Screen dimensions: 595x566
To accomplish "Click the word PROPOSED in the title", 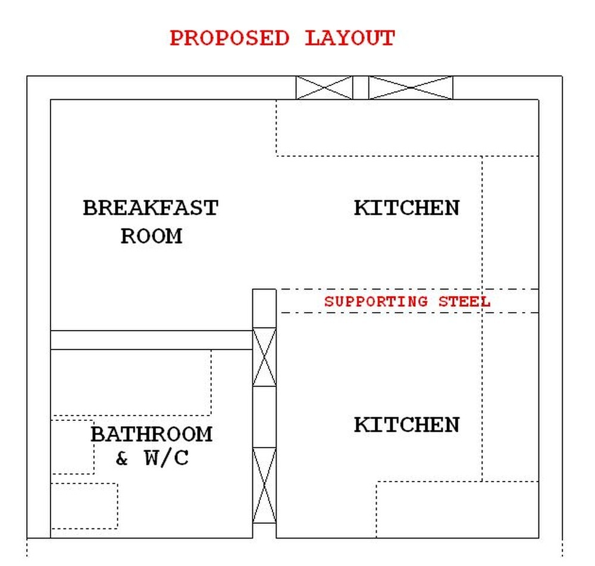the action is click(229, 38).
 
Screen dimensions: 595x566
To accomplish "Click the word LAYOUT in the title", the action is click(349, 38).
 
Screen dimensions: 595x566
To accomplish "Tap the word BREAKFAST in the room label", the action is click(151, 207).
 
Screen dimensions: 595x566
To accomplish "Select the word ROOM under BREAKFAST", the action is click(151, 236).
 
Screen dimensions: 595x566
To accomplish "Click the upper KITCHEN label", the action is click(406, 207).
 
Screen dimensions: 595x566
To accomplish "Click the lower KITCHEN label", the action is click(406, 424).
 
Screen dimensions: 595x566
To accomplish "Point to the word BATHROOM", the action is click(151, 434).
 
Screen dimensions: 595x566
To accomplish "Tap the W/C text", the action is click(166, 458).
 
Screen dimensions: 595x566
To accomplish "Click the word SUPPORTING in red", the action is click(376, 302).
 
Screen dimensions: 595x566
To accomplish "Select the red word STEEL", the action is click(465, 302).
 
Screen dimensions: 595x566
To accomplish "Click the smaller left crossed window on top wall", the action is click(324, 87).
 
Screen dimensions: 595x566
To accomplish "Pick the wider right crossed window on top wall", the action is click(411, 87).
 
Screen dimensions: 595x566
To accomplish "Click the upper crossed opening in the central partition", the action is click(265, 357).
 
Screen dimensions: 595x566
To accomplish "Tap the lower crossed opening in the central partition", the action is click(265, 485).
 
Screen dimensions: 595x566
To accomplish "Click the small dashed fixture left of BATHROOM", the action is click(73, 447).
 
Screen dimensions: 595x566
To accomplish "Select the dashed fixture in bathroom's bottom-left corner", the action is click(84, 506).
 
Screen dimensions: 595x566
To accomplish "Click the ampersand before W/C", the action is click(121, 458).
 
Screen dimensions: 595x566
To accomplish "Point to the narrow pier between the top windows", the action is click(361, 87).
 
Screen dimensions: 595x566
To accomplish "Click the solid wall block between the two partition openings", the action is click(265, 417).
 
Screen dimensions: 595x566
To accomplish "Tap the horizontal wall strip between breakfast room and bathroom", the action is click(152, 340).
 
